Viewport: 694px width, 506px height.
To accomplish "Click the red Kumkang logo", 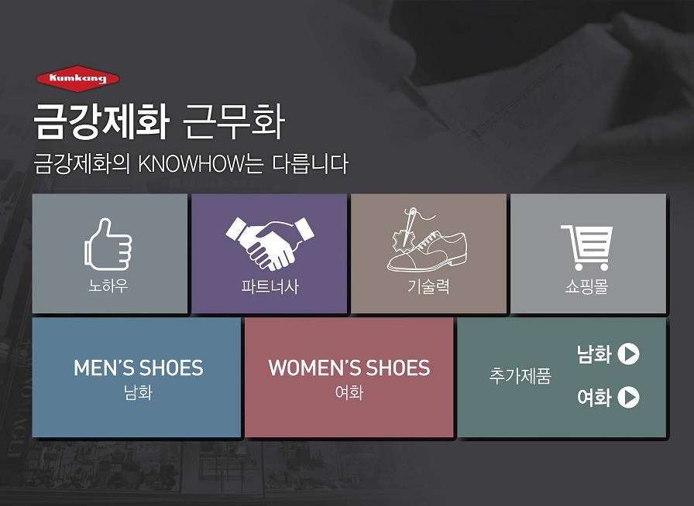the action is pyautogui.click(x=77, y=79).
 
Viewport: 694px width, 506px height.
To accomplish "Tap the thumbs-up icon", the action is pyautogui.click(x=108, y=244).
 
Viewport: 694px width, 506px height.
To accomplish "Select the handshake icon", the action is pyautogui.click(x=270, y=243).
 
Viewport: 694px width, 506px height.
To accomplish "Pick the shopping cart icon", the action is pyautogui.click(x=587, y=248).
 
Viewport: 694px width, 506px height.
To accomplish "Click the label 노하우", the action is pyautogui.click(x=108, y=286).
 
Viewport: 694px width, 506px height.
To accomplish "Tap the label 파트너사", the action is pyautogui.click(x=270, y=286).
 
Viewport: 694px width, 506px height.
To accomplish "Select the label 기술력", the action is pyautogui.click(x=428, y=286).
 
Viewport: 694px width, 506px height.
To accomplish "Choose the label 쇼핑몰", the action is pyautogui.click(x=587, y=286).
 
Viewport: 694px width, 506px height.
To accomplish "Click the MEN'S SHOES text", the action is pyautogui.click(x=139, y=368).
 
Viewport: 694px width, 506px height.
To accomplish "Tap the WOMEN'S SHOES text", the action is pyautogui.click(x=349, y=368).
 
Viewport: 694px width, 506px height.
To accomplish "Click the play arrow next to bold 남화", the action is pyautogui.click(x=628, y=354).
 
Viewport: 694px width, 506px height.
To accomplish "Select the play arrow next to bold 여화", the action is pyautogui.click(x=628, y=397).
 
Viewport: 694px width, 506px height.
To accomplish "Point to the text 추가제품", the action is pyautogui.click(x=520, y=376).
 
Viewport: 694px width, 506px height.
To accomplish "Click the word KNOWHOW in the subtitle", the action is pyautogui.click(x=191, y=164).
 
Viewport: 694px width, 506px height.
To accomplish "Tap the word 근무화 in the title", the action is pyautogui.click(x=233, y=122).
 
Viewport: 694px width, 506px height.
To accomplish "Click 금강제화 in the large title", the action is pyautogui.click(x=101, y=122).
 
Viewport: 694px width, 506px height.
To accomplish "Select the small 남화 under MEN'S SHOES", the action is pyautogui.click(x=139, y=393).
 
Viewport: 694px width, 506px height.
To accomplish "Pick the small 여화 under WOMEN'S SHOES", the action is pyautogui.click(x=349, y=393).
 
